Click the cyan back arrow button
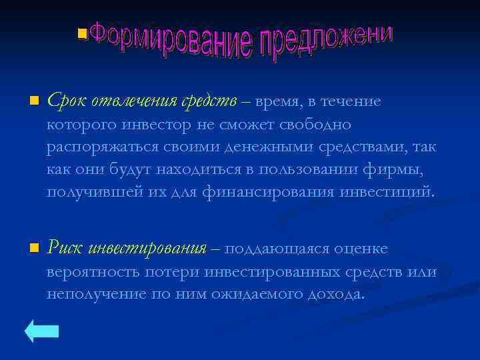(x=42, y=331)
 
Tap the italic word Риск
(x=65, y=249)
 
